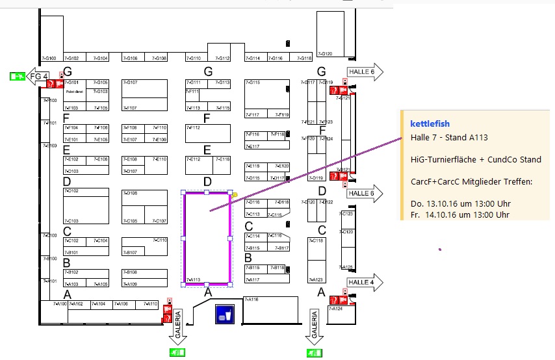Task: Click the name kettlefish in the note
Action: (430, 123)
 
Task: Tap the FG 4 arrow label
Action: (38, 77)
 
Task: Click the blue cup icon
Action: (225, 314)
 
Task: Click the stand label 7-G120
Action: (325, 54)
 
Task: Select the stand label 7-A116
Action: (252, 300)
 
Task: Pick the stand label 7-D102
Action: (71, 191)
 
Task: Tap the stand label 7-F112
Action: (193, 127)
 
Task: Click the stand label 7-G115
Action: (253, 83)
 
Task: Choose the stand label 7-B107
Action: (129, 252)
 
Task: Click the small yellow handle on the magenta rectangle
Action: (235, 193)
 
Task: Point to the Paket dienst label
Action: (72, 92)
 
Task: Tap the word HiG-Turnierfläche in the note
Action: (446, 160)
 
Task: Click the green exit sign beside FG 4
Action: (18, 77)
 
